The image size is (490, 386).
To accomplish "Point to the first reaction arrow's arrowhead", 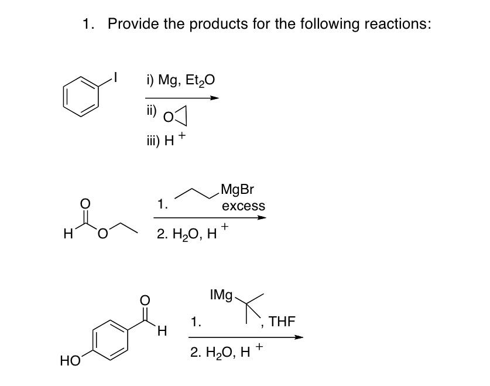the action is pos(215,98).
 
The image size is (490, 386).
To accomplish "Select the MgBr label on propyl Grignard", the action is pos(238,190).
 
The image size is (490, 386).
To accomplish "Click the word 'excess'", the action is pos(244,206).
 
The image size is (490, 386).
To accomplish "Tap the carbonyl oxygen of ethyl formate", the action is pos(85,204).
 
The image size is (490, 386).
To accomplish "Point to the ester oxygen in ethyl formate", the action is pos(103,236).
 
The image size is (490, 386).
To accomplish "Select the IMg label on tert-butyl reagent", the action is pos(221,295).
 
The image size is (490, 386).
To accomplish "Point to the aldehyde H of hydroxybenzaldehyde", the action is pos(163,332).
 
